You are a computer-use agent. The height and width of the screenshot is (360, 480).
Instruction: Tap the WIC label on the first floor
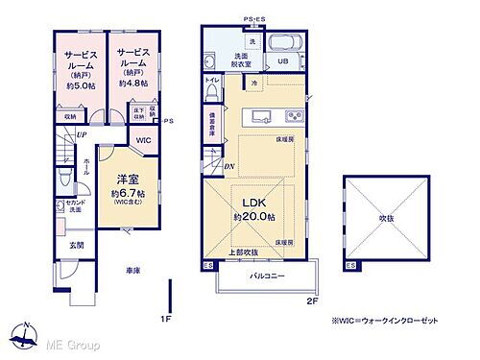[x=144, y=140]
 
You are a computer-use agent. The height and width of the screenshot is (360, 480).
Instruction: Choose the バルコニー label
[x=268, y=275]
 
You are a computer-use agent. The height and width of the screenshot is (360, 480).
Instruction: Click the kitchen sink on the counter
[x=260, y=119]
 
